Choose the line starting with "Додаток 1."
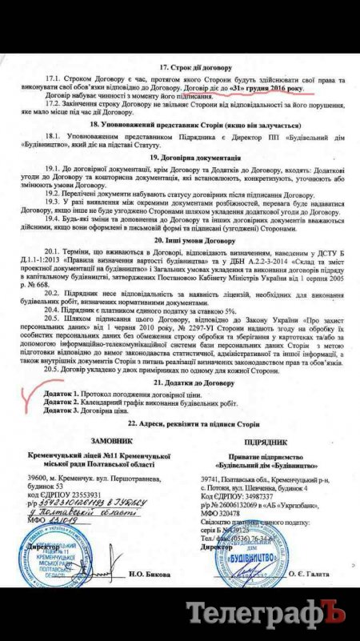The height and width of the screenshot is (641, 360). pyautogui.click(x=124, y=395)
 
